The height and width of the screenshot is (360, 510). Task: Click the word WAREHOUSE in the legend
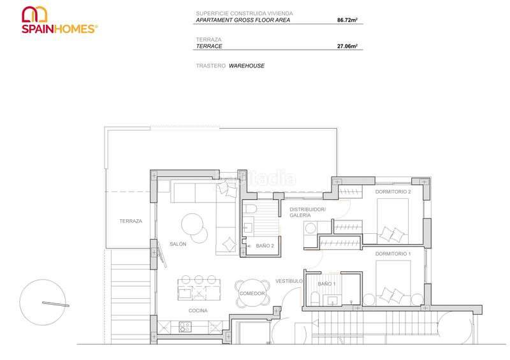coord(247,66)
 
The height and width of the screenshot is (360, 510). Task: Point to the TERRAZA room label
coord(130,221)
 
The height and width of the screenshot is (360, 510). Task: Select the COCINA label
coord(198,310)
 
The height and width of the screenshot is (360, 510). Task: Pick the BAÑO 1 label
coord(326,283)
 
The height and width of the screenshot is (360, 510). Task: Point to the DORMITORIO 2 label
coord(393,192)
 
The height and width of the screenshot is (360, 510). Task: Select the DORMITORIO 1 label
coord(393,254)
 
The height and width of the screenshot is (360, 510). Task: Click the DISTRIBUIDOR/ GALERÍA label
coord(307,212)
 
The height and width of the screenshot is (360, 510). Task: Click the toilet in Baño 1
coord(316,299)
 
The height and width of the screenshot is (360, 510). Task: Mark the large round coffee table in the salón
coord(194,224)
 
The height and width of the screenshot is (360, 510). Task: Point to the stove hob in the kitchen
coord(186,327)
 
